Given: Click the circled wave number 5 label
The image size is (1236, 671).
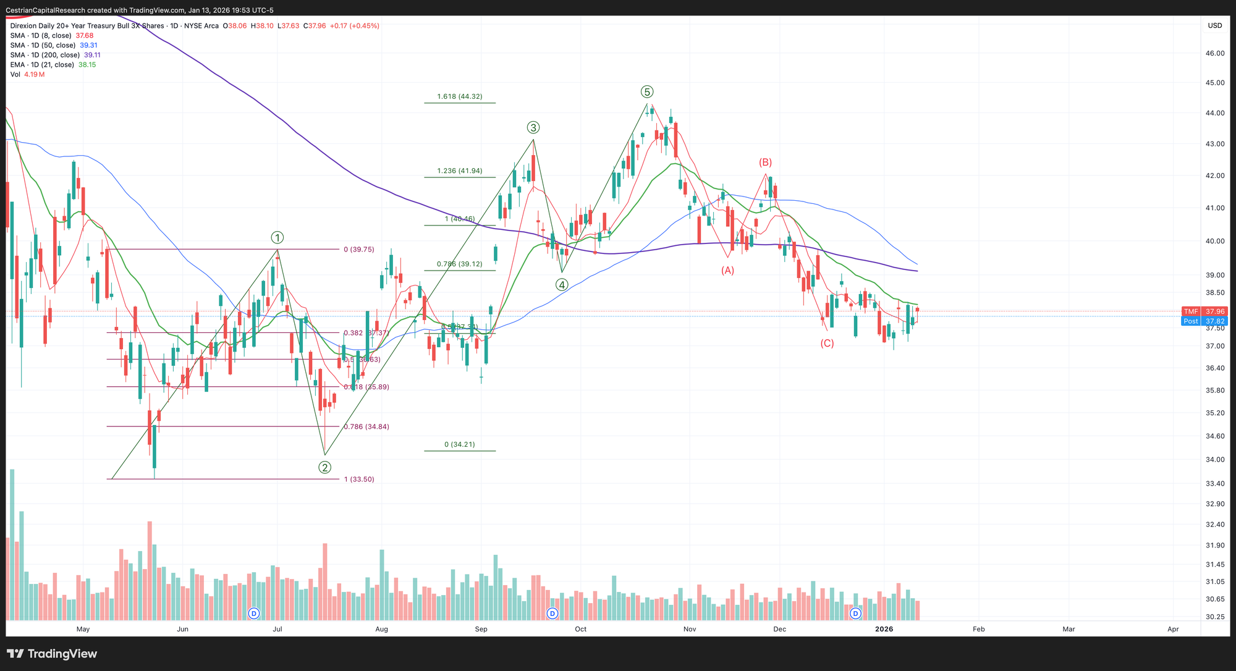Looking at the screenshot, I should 646,92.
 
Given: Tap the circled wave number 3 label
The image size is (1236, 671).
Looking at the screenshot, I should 533,127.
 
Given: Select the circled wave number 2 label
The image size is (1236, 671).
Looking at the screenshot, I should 325,467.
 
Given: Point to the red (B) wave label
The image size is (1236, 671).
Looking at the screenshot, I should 765,162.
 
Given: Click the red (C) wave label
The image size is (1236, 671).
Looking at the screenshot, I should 827,344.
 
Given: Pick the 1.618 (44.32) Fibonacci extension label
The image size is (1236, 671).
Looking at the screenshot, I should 459,96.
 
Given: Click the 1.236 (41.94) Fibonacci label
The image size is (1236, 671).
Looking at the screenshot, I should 459,171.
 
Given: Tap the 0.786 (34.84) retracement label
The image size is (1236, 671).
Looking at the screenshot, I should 366,426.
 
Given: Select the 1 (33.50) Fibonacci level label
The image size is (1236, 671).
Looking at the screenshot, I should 359,479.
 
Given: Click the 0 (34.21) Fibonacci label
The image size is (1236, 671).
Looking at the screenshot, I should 459,444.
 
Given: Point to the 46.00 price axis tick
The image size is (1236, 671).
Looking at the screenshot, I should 1215,54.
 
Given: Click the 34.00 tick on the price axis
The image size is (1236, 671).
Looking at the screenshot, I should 1215,460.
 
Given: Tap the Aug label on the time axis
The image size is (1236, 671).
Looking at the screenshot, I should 381,629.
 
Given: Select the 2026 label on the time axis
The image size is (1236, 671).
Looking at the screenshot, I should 884,629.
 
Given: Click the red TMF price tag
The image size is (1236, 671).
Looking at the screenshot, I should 1191,311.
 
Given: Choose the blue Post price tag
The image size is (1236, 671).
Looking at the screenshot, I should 1191,321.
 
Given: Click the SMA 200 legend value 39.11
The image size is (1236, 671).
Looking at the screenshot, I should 92,55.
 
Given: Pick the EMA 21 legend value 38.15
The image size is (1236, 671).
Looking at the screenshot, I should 87,65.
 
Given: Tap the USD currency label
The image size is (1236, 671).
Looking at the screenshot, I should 1215,25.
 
